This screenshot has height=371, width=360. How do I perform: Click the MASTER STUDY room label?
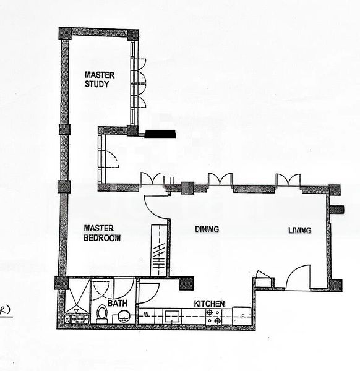coord(99,79)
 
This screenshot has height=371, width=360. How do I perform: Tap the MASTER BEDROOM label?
coord(102,232)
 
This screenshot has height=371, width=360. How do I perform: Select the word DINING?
coord(207,229)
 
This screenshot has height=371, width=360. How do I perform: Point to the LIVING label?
coord(299,231)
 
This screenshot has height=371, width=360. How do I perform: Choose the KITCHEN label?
coord(209,304)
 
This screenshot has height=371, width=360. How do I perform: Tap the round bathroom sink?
coord(124,317)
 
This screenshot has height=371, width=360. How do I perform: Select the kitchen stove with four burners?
coord(213,316)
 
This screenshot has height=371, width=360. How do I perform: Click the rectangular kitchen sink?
coord(171,316)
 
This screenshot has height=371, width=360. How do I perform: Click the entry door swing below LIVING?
coord(298,278)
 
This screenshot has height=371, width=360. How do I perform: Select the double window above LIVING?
coord(288,180)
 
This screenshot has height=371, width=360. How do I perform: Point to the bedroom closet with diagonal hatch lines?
coord(159,250)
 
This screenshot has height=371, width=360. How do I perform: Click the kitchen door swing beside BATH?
coord(148,292)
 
